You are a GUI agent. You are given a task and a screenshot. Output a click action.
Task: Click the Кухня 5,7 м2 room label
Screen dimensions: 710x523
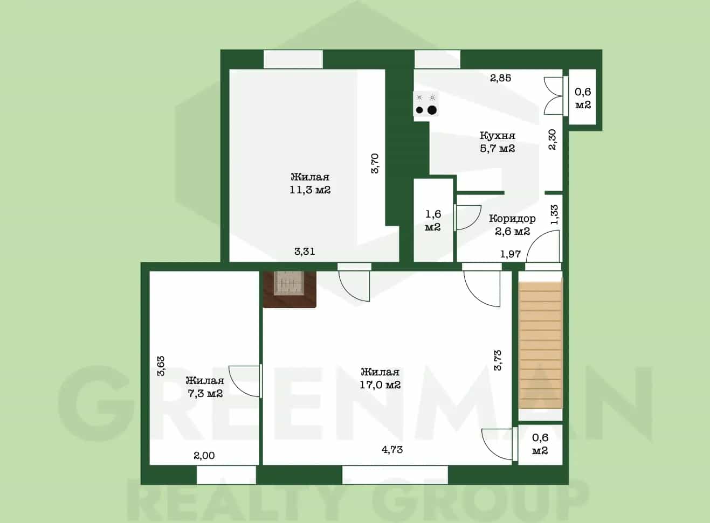pos(497,142)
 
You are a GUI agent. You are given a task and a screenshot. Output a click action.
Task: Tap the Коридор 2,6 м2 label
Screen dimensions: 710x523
pos(512,225)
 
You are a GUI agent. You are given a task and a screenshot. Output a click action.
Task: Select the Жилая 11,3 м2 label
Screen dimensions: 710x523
pos(310,183)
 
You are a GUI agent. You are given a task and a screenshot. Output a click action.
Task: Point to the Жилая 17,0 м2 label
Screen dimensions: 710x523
pos(380,378)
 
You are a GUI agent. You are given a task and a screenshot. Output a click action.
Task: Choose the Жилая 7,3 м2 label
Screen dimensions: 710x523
pos(205,387)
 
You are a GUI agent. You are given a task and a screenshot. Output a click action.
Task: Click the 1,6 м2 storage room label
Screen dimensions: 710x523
pos(433,220)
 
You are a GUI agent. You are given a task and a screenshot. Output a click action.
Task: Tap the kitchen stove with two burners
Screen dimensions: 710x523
pos(426,104)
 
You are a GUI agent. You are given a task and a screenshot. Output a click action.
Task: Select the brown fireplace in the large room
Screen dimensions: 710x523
pos(289,289)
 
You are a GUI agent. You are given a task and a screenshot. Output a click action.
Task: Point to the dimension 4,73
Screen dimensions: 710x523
pos(392,450)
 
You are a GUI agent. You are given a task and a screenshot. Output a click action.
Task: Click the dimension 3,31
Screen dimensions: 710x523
pos(305,252)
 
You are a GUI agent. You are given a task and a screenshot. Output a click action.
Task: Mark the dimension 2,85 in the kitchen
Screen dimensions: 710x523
pos(501,78)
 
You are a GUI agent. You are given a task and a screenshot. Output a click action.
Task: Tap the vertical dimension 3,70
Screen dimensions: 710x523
pos(375,163)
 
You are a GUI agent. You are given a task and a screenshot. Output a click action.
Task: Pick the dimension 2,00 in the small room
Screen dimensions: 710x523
pos(204,456)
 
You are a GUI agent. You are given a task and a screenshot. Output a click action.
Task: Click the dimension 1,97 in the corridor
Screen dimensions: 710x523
pos(511,254)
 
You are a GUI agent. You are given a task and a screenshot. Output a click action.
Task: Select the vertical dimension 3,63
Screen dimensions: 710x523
pos(161,366)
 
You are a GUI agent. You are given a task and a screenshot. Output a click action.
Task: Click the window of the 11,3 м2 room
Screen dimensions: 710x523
pos(293,59)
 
